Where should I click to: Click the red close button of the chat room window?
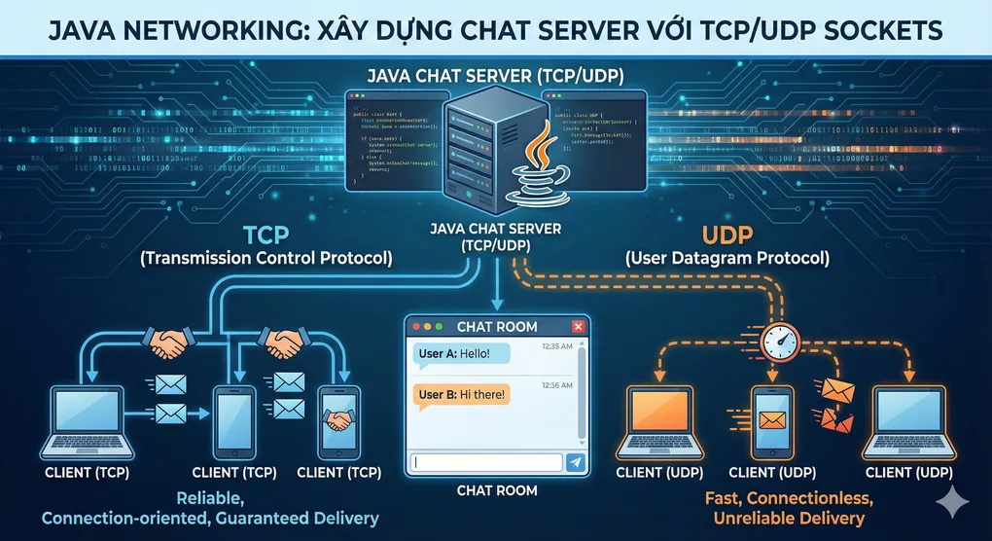578,327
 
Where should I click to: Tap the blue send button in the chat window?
576,463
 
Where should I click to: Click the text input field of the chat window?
486,463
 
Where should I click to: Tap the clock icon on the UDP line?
782,340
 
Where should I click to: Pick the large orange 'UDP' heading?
726,236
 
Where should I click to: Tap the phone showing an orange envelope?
771,421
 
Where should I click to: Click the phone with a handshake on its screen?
339,420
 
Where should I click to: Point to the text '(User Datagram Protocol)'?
726,259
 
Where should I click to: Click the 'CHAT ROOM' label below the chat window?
497,490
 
